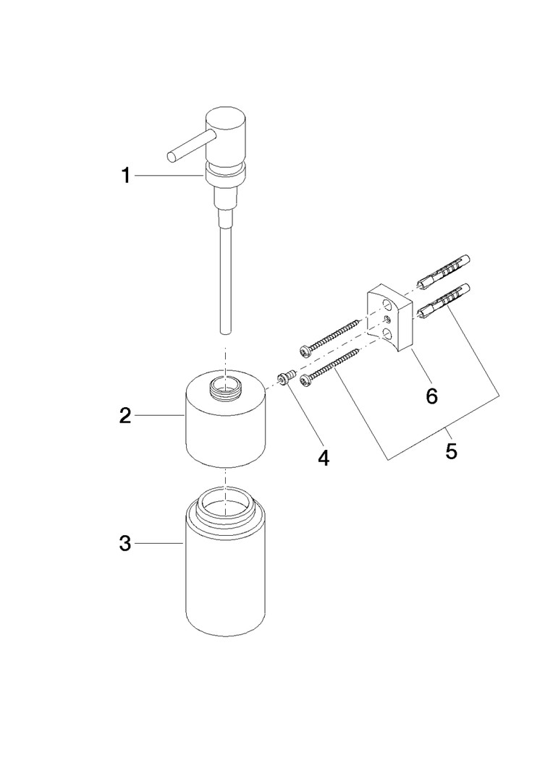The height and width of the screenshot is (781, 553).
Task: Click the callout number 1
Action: [x=126, y=175]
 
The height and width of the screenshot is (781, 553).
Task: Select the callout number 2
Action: [x=125, y=415]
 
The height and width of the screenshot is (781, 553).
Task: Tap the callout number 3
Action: [x=125, y=543]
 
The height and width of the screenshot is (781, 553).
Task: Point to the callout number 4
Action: [x=324, y=458]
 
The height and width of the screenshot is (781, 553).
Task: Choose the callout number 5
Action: [x=451, y=451]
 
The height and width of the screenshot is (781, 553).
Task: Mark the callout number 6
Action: [x=431, y=396]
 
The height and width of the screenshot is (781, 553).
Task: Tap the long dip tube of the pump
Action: [x=226, y=279]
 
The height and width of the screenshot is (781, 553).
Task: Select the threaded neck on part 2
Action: [x=226, y=386]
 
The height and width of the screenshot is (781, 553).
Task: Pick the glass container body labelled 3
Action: [x=226, y=573]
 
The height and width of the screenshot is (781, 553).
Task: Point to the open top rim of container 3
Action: [x=226, y=504]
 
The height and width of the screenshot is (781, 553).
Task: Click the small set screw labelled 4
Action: [x=286, y=378]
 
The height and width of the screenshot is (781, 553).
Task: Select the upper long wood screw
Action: [x=329, y=337]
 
